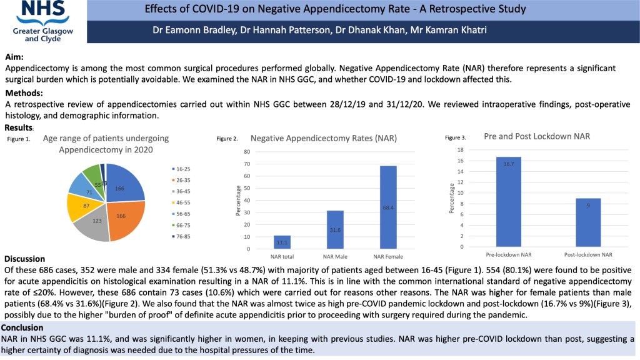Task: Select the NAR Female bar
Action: pos(387,207)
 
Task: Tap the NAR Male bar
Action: pos(334,229)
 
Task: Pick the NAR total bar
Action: pos(282,242)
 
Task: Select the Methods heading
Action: pos(24,94)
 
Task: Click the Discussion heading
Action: pos(25,259)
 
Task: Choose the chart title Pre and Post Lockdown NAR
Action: pos(537,136)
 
